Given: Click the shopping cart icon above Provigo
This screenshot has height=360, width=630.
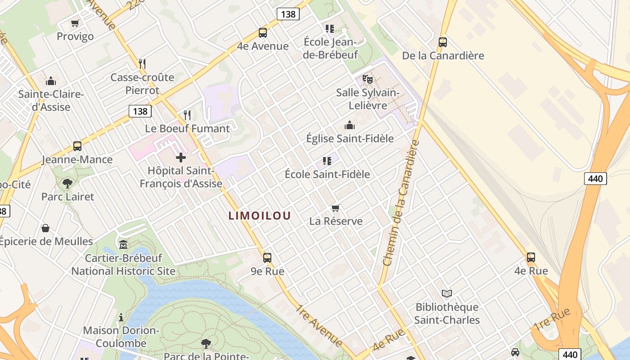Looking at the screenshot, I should pyautogui.click(x=75, y=23).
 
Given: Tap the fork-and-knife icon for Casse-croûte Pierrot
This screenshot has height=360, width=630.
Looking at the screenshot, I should pyautogui.click(x=142, y=63).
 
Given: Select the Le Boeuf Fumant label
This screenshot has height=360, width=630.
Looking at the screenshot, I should pyautogui.click(x=187, y=129).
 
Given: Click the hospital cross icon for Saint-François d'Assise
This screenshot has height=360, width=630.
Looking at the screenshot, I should pyautogui.click(x=181, y=157).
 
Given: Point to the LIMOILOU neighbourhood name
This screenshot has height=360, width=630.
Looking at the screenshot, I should pyautogui.click(x=260, y=216).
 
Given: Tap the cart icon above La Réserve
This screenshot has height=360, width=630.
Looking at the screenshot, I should pyautogui.click(x=335, y=208).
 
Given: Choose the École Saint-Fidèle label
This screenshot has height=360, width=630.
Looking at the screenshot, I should pyautogui.click(x=327, y=174).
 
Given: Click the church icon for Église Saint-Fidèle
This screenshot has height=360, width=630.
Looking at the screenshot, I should pyautogui.click(x=349, y=125).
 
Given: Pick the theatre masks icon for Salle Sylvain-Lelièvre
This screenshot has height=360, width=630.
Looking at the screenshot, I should pyautogui.click(x=368, y=80).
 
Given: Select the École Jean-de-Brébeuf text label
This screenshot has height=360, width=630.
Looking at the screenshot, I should pyautogui.click(x=331, y=48).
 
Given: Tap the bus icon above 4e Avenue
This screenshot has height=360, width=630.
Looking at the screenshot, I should pyautogui.click(x=263, y=33).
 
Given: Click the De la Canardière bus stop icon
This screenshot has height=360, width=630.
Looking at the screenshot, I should pyautogui.click(x=443, y=42).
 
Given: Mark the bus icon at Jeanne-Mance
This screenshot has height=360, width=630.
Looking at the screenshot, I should pyautogui.click(x=77, y=146).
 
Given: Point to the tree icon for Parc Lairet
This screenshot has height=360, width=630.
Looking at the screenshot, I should pyautogui.click(x=67, y=183).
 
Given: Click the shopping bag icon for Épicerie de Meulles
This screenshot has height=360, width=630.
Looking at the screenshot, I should pyautogui.click(x=45, y=228).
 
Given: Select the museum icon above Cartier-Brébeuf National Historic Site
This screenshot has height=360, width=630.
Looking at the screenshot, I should pyautogui.click(x=123, y=245).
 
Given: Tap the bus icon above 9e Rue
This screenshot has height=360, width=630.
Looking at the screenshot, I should pyautogui.click(x=267, y=258).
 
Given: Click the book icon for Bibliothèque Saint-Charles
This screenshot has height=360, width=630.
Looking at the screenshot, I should pyautogui.click(x=446, y=294).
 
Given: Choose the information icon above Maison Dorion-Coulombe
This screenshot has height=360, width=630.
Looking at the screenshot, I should pyautogui.click(x=121, y=317).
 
